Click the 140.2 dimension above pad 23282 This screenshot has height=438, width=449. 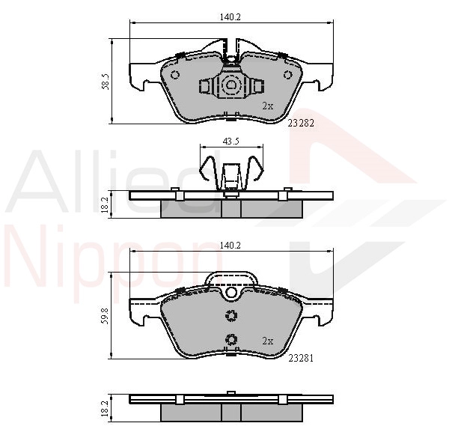tap(230, 17)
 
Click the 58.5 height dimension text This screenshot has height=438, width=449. tap(105, 82)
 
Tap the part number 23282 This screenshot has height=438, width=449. tap(301, 124)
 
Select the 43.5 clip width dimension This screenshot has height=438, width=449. tap(230, 142)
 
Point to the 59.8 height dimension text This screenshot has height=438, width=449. tap(105, 316)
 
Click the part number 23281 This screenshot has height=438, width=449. tap(301, 358)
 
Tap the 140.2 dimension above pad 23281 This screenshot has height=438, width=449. tap(230, 246)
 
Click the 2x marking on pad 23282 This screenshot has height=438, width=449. tap(268, 106)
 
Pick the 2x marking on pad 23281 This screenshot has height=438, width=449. tap(268, 341)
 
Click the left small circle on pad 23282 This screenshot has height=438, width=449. tap(174, 75)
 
